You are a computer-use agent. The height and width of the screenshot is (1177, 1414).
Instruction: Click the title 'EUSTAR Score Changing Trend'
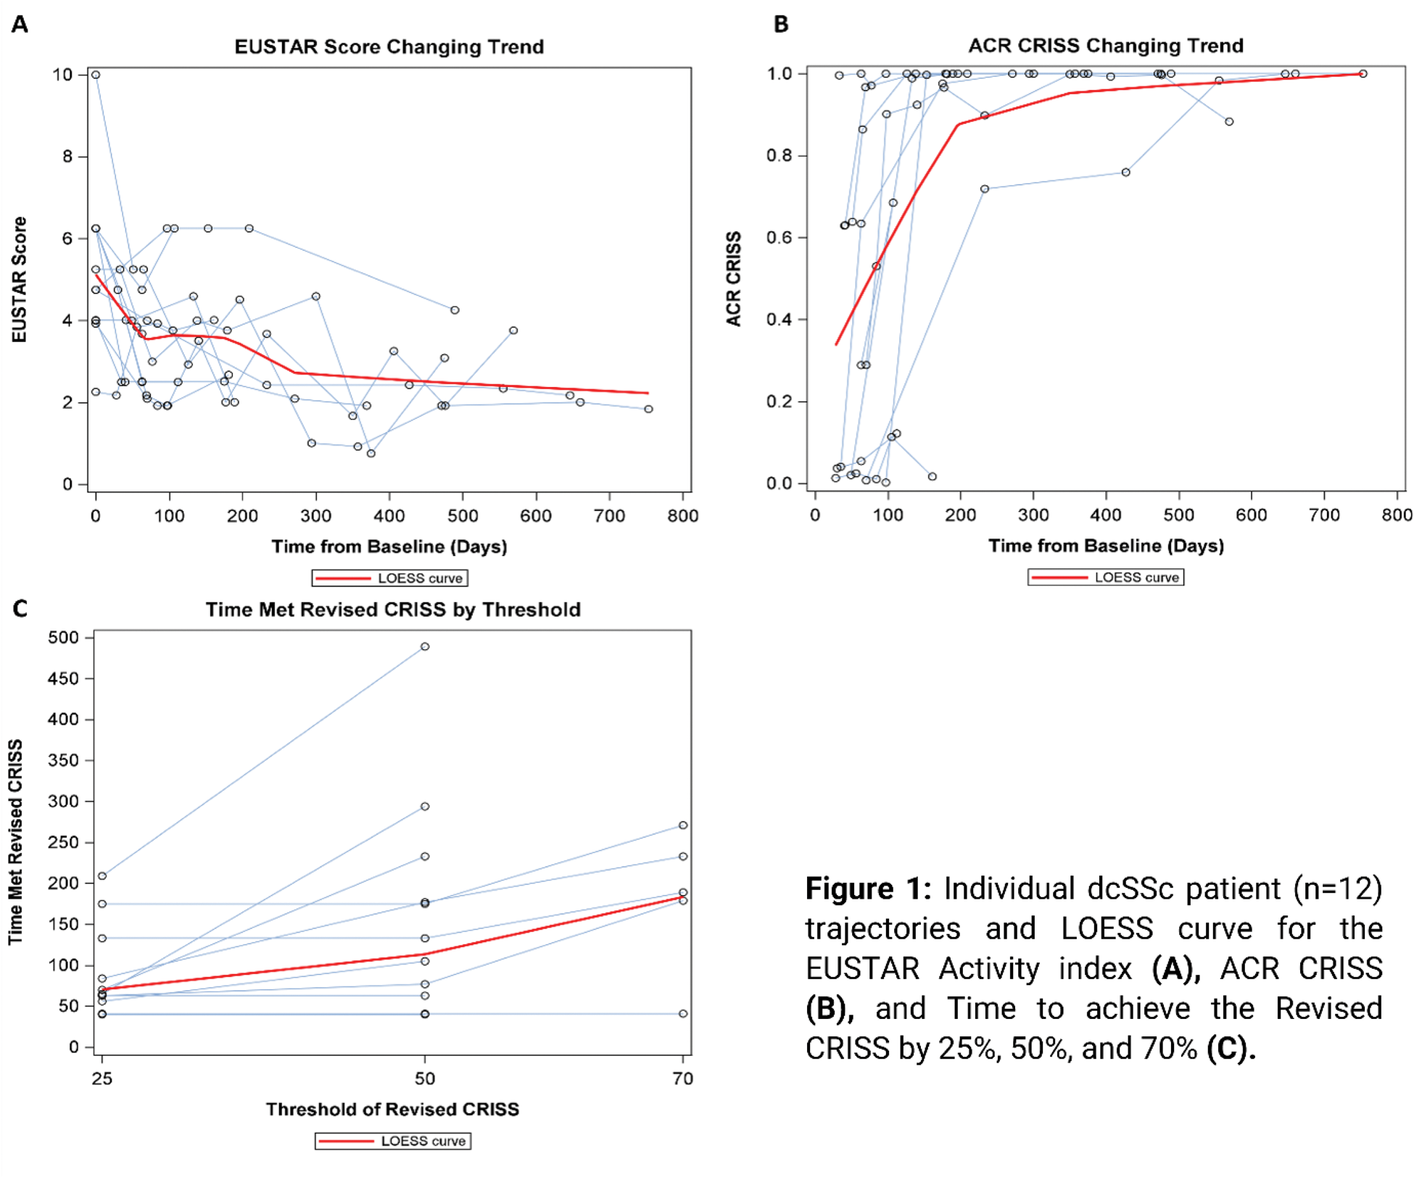pyautogui.click(x=389, y=47)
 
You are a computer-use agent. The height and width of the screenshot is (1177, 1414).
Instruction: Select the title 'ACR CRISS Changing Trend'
pyautogui.click(x=1106, y=46)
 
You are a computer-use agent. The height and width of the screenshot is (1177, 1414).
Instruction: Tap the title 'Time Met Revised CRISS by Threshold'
pyautogui.click(x=393, y=610)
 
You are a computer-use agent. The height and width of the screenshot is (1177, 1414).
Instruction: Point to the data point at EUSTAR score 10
pyautogui.click(x=96, y=75)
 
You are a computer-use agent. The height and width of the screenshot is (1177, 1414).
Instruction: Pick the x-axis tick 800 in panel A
pyautogui.click(x=682, y=516)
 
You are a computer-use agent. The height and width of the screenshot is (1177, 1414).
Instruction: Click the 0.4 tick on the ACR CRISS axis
pyautogui.click(x=780, y=320)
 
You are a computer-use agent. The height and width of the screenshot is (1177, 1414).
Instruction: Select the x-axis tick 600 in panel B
pyautogui.click(x=1252, y=515)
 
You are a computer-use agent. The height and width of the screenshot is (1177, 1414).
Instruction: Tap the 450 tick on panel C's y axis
pyautogui.click(x=63, y=679)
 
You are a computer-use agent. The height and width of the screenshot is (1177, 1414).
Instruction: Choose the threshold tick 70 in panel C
pyautogui.click(x=683, y=1079)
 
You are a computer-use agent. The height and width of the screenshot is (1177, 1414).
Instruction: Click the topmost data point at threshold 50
pyautogui.click(x=425, y=646)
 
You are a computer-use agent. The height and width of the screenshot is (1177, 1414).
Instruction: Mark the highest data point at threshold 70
pyautogui.click(x=683, y=825)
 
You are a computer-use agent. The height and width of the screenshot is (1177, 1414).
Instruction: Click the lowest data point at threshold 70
pyautogui.click(x=683, y=1014)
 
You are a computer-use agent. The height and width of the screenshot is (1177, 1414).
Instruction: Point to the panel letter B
pyautogui.click(x=781, y=25)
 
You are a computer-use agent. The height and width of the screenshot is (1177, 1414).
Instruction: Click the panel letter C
pyautogui.click(x=20, y=609)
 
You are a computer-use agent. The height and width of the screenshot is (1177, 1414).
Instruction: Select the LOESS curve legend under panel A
pyautogui.click(x=390, y=578)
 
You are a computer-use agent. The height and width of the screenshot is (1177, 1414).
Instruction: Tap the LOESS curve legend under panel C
pyautogui.click(x=393, y=1141)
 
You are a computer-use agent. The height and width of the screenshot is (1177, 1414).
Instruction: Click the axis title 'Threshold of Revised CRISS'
pyautogui.click(x=392, y=1110)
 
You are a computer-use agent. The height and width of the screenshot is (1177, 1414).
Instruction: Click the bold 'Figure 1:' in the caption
pyautogui.click(x=868, y=889)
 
